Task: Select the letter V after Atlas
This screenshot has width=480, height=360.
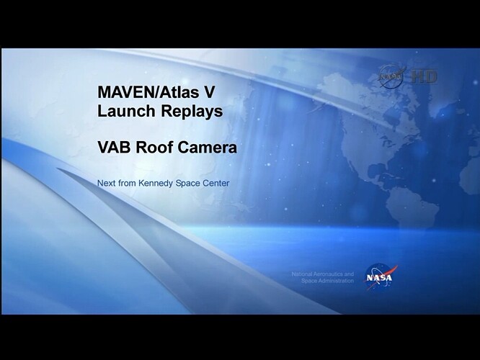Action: pyautogui.click(x=209, y=92)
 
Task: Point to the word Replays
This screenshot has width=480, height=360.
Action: pyautogui.click(x=192, y=112)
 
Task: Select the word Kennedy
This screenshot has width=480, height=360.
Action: pyautogui.click(x=156, y=184)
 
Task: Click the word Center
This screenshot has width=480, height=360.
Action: pyautogui.click(x=215, y=183)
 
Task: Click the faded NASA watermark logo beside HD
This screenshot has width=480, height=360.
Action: pyautogui.click(x=392, y=76)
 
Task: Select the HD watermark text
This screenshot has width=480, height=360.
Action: pyautogui.click(x=424, y=76)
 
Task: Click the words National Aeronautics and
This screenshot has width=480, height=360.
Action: pyautogui.click(x=323, y=274)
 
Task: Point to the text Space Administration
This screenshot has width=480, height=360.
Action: pyautogui.click(x=327, y=281)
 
